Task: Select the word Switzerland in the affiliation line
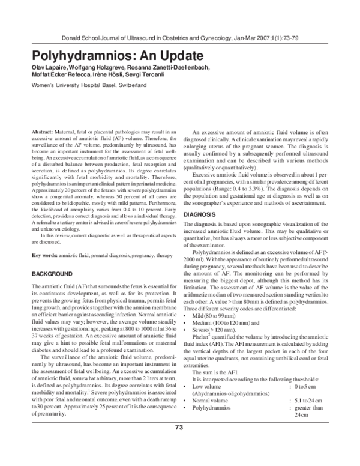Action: point(127,86)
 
